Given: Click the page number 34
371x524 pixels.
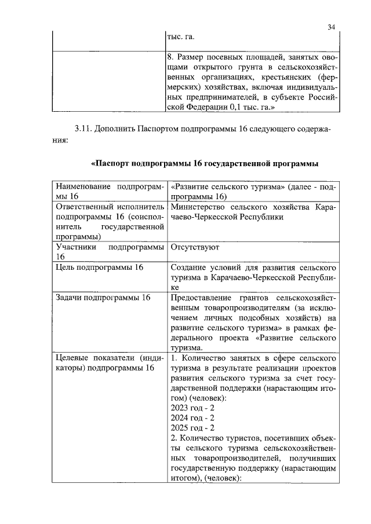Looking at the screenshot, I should pos(331,27).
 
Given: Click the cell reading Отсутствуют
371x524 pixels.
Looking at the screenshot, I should pos(193,247).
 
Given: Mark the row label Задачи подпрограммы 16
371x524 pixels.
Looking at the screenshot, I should pos(102,298).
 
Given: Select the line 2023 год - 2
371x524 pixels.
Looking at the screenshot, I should pos(192,408).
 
